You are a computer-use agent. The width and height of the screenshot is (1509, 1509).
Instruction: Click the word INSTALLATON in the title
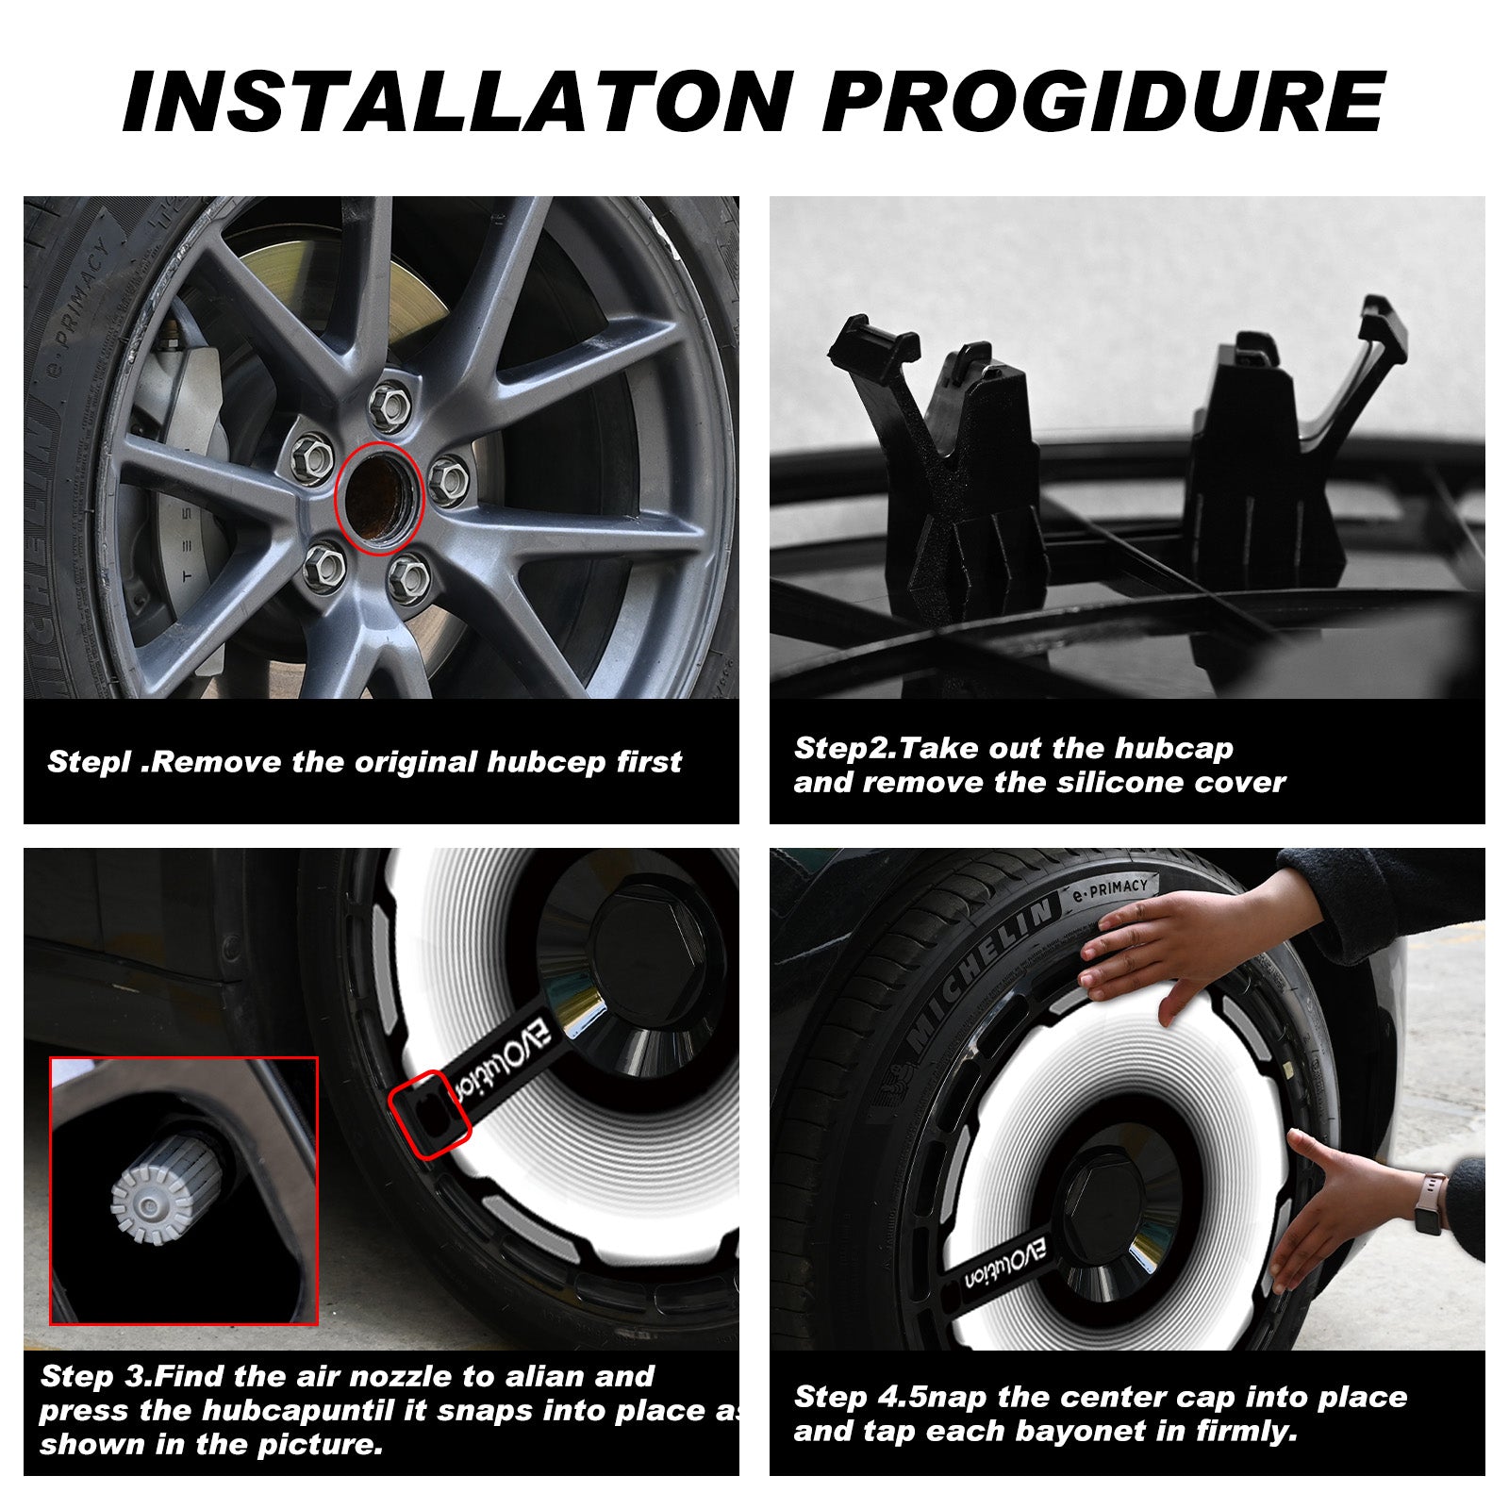click(458, 100)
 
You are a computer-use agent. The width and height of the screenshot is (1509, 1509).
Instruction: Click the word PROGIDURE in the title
click(1103, 100)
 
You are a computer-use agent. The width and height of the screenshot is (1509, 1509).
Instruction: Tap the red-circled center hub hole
click(377, 498)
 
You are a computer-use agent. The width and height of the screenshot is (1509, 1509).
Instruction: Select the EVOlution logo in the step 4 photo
click(1005, 1264)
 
